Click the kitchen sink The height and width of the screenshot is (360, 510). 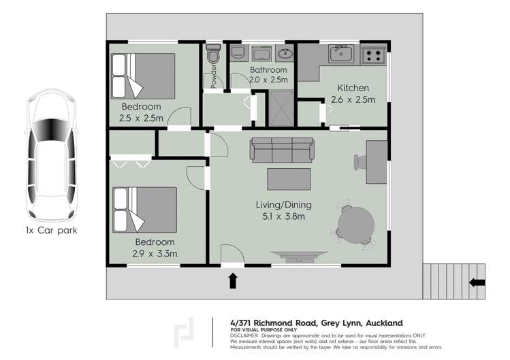[339, 53]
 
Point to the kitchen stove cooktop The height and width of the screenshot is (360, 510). [373, 53]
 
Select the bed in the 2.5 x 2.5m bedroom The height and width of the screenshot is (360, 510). [144, 76]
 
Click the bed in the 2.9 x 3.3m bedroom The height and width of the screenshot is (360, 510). [144, 210]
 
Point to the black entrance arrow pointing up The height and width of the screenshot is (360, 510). [233, 280]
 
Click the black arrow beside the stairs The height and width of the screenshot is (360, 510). [477, 282]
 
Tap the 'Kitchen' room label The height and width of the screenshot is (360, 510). [353, 88]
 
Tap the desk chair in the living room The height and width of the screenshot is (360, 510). [359, 162]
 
